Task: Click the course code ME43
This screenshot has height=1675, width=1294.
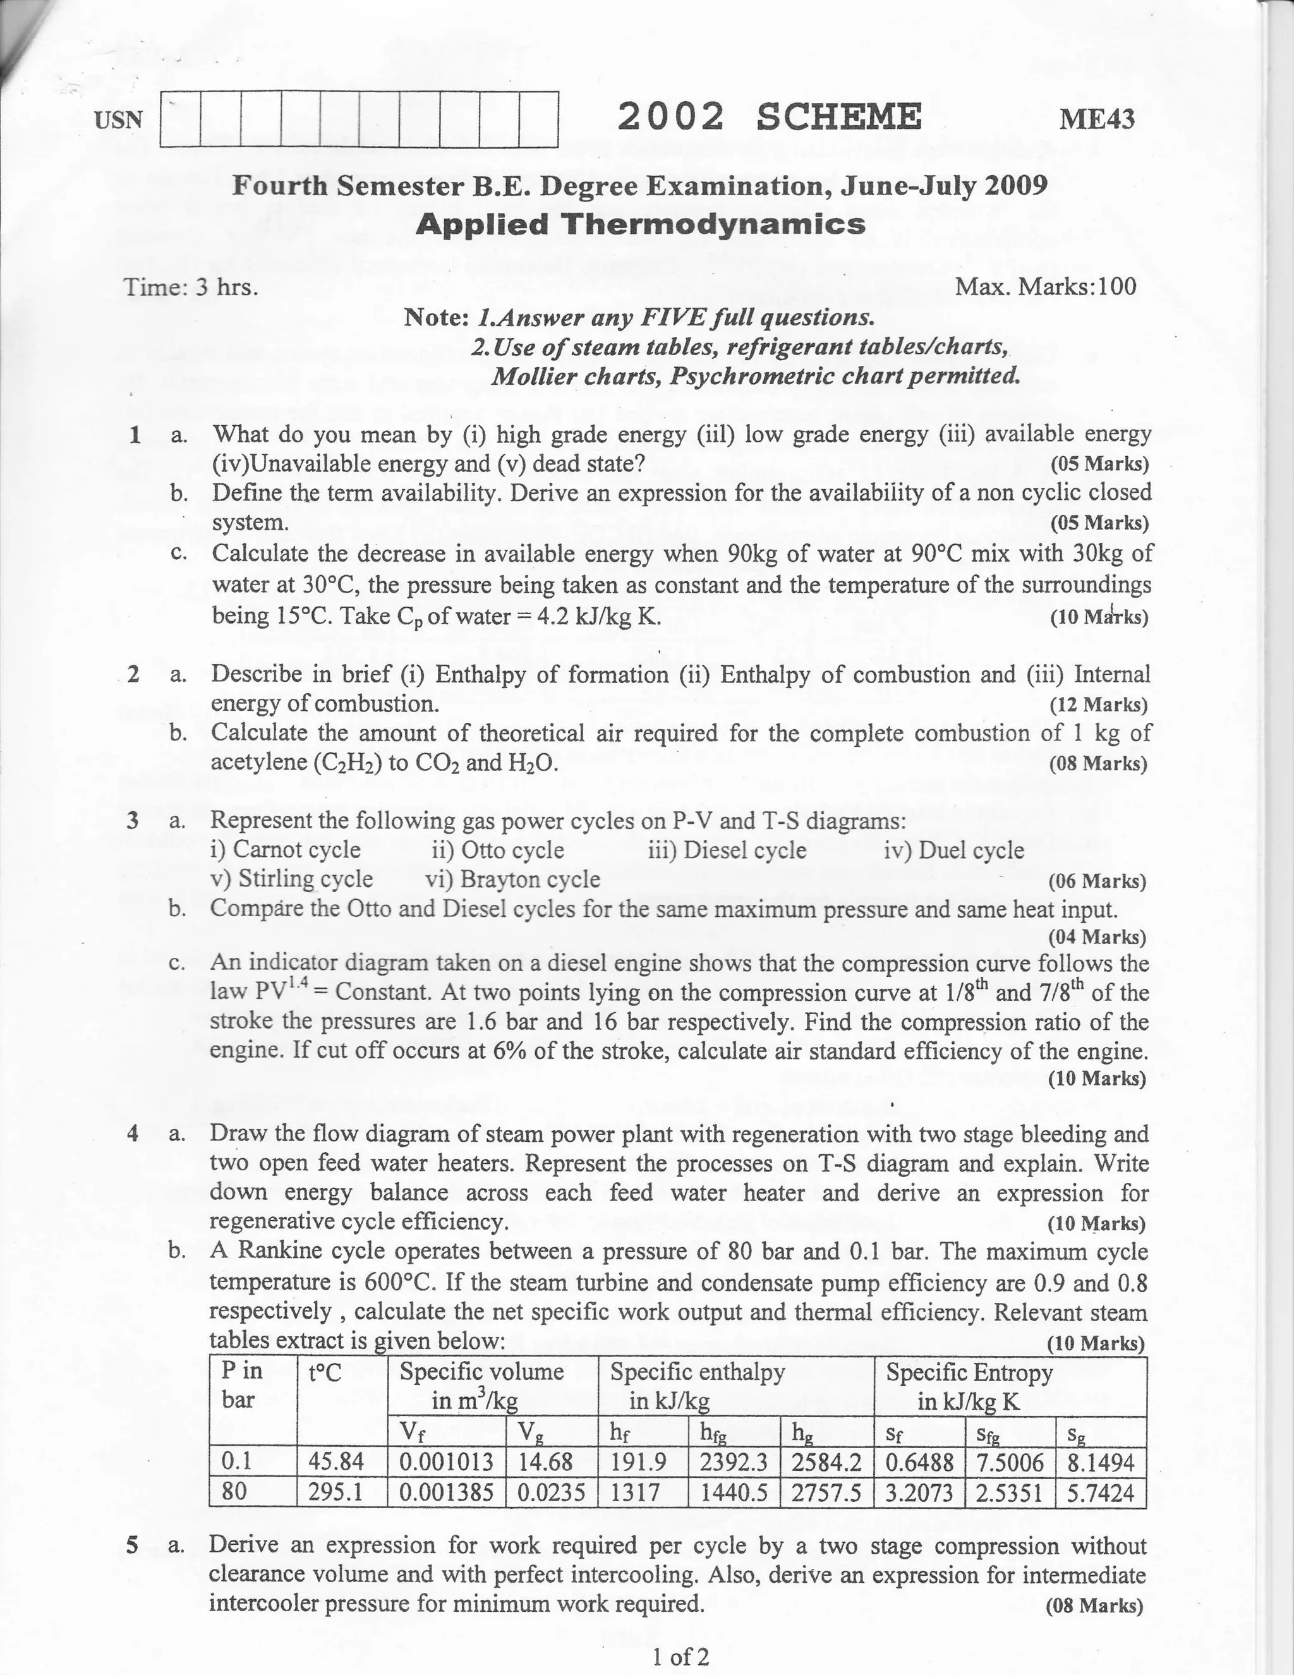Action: [1096, 119]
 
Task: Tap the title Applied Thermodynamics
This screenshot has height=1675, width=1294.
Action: [641, 225]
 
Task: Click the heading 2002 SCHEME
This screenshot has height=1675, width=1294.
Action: [770, 118]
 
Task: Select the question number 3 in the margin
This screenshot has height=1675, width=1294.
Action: [133, 821]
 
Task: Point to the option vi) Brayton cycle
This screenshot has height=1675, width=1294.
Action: [512, 879]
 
